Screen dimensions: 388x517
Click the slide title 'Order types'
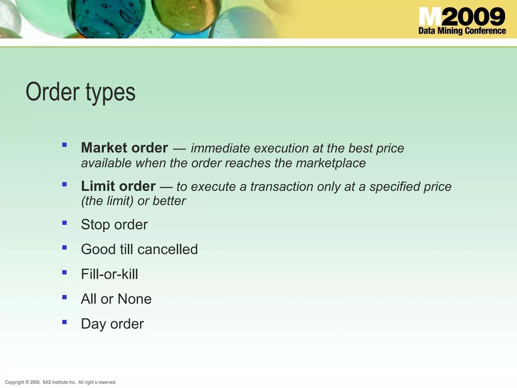tap(81, 92)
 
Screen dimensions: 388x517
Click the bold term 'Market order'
tap(124, 148)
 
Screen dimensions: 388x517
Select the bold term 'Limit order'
tap(118, 186)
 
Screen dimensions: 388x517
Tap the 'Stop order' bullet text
tap(114, 224)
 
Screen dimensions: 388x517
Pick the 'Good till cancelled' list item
tap(139, 249)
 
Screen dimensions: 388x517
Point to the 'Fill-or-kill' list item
tap(110, 274)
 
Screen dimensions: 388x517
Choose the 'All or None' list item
tap(116, 299)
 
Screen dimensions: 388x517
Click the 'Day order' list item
tap(112, 324)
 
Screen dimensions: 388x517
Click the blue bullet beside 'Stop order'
tap(64, 223)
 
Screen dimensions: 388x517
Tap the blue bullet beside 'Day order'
tap(64, 322)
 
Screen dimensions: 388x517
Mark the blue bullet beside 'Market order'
tap(64, 145)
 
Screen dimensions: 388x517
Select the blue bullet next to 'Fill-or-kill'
tap(64, 272)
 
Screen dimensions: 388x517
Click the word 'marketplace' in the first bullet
tap(331, 163)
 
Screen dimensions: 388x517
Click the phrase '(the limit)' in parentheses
tap(107, 201)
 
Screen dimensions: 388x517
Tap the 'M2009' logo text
tap(462, 17)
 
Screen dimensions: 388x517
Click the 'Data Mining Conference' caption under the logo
tap(462, 31)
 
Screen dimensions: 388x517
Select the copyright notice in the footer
tap(61, 382)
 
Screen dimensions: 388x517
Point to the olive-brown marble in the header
tap(186, 15)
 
